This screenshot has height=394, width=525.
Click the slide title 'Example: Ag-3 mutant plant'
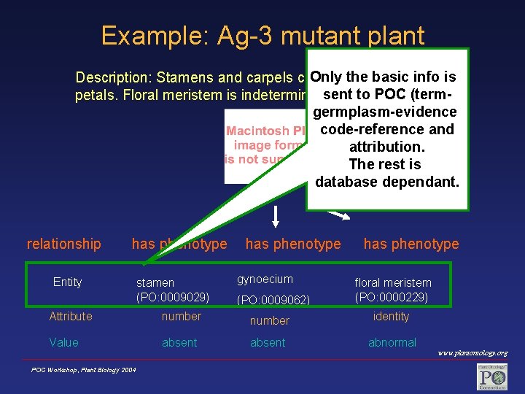coord(262,35)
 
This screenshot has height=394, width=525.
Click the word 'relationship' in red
coord(63,244)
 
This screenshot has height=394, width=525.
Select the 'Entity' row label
coord(67,282)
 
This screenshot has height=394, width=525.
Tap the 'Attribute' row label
coord(71,316)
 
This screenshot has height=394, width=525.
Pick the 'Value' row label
coord(63,342)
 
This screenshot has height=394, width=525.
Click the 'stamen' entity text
coord(155,282)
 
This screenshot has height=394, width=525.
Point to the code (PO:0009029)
coord(173,297)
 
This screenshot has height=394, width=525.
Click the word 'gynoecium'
coord(265,279)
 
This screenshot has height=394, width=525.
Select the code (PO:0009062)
coord(273,300)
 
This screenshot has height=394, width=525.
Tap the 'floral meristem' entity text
coord(393,282)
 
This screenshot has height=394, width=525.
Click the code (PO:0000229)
coord(392,297)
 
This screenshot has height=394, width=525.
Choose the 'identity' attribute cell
coord(391,316)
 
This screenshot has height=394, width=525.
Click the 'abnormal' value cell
coord(392,342)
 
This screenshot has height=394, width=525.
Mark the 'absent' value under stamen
coord(179,342)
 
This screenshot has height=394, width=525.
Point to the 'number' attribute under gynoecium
coord(269,320)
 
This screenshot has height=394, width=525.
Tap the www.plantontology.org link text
coord(472,353)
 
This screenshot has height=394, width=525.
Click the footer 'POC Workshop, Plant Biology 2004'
coord(83,370)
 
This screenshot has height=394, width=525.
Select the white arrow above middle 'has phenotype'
coord(276,215)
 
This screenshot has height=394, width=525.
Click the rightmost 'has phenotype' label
coord(411,244)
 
